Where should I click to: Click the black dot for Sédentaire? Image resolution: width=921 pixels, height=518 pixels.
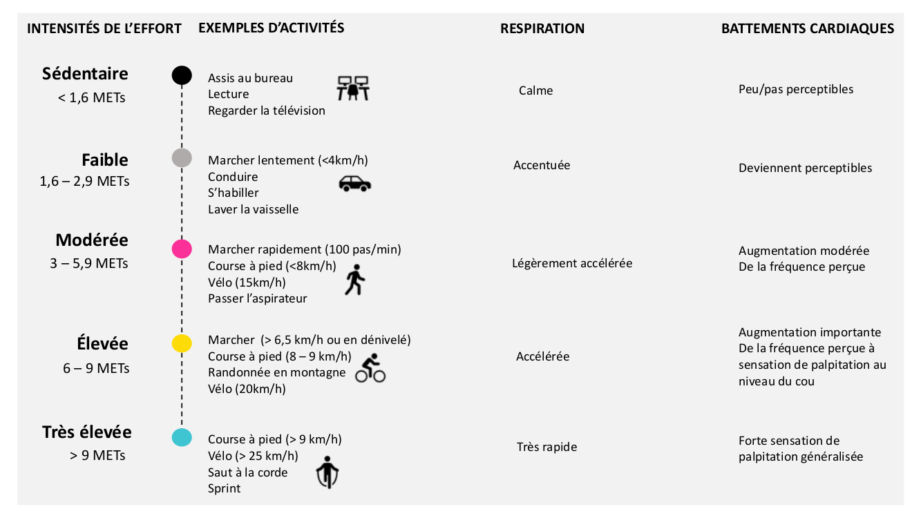[181, 75]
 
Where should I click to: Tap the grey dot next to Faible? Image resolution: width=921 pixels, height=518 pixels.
[181, 157]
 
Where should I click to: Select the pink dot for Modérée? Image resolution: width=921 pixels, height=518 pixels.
[181, 249]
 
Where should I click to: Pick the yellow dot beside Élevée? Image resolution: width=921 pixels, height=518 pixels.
[181, 343]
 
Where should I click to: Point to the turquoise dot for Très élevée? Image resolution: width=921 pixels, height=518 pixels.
[181, 437]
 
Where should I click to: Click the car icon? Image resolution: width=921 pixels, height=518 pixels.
[354, 183]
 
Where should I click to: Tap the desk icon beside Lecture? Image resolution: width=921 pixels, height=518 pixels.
[352, 88]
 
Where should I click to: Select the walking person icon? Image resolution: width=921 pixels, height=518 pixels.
[354, 280]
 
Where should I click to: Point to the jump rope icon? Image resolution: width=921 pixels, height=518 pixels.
[327, 472]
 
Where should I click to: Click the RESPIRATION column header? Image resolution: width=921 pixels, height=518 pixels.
[542, 29]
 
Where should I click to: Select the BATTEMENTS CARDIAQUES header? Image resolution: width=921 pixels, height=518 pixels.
[808, 29]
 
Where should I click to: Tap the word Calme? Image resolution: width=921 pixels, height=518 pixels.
[535, 90]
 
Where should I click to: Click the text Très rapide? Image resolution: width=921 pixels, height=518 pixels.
[547, 447]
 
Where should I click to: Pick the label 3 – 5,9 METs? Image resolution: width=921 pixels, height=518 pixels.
[89, 264]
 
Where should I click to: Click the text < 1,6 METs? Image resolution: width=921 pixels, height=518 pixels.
[92, 98]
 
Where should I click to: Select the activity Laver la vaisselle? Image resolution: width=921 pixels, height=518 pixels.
[254, 209]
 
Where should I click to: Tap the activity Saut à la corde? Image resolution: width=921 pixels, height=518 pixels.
[247, 472]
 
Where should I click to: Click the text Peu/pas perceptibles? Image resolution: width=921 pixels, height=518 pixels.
[796, 89]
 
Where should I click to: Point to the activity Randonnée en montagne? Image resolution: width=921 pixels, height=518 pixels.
[276, 372]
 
